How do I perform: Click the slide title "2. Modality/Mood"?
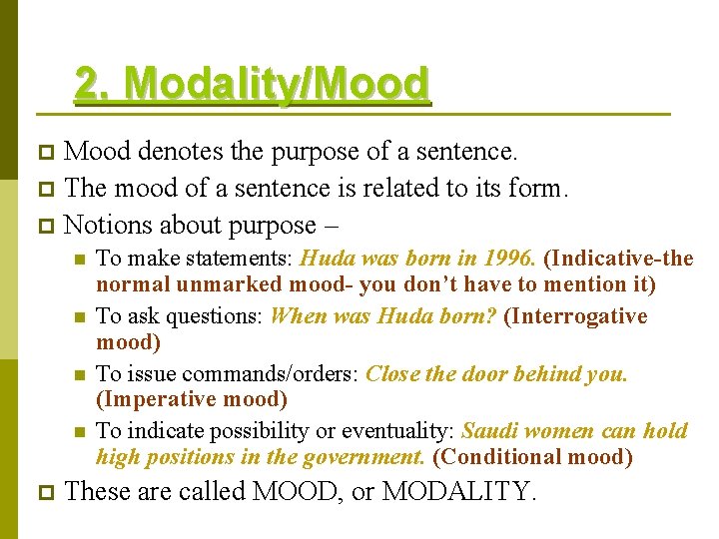point(252,84)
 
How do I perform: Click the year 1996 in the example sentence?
point(510,259)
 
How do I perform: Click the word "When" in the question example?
point(298,316)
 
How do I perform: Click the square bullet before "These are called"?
point(41,492)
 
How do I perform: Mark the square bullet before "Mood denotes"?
point(41,153)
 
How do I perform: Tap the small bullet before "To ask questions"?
point(79,317)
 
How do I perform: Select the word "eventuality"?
point(398,431)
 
